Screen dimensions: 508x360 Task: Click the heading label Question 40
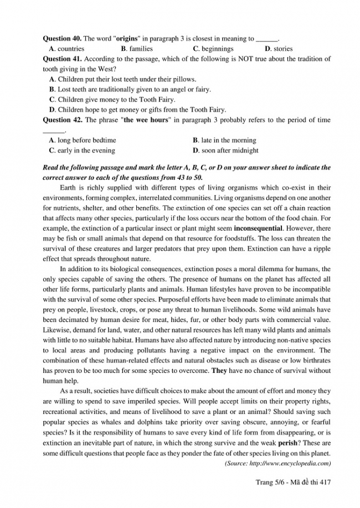[x=62, y=39]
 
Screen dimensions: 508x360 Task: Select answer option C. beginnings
[x=213, y=49]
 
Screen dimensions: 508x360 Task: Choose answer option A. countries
[x=67, y=49]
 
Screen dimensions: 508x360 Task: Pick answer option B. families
[x=137, y=49]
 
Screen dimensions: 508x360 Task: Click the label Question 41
[x=62, y=59]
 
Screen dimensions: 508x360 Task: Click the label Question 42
[x=62, y=120]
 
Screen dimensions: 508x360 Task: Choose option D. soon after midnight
[x=225, y=150]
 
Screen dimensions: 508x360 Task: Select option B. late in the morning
[x=224, y=141]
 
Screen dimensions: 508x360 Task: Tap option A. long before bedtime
[x=83, y=141]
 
